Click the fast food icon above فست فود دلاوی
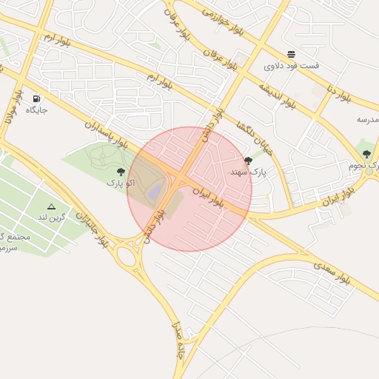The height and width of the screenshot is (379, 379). [x=292, y=54]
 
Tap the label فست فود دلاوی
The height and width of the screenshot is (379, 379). [x=292, y=66]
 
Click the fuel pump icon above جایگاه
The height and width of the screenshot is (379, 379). [x=36, y=98]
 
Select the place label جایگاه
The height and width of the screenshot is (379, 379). [x=36, y=110]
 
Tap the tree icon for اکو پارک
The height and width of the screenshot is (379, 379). [x=121, y=172]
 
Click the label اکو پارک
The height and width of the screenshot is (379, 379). [x=121, y=182]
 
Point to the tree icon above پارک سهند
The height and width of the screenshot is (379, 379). [x=248, y=161]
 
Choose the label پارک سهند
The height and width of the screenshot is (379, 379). [x=248, y=172]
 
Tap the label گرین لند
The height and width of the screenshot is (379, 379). [x=51, y=218]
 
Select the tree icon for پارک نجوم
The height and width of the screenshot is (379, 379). [x=366, y=154]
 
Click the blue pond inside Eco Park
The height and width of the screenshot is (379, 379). [x=154, y=192]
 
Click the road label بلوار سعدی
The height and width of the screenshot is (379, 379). [x=332, y=272]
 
